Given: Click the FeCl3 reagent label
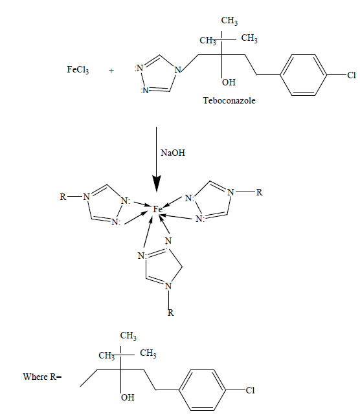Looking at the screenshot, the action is coord(78,70).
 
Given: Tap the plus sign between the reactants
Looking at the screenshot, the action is coord(111,71).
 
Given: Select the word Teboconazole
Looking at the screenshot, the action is coord(229,100).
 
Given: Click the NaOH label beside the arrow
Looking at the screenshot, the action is coord(172,153).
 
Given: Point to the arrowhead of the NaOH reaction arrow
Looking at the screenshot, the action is coord(157,184).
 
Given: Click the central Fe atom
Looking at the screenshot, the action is coord(157,210).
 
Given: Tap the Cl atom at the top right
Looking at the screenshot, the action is coord(352,75).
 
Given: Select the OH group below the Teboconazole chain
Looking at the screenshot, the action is coord(229,82).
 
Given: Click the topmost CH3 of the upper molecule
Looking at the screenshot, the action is coord(229,21).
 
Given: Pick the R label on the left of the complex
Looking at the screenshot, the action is coord(63,197).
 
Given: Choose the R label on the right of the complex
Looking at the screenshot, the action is coord(259,192).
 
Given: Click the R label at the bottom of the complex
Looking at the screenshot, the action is coord(171,313).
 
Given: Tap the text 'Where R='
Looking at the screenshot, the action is coord(42,377).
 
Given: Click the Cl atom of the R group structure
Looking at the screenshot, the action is coord(250,390).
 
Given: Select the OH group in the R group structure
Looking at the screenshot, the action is coord(128,397).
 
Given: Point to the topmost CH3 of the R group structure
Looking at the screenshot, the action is coord(128,336).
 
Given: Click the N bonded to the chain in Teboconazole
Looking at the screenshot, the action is coord(177,70).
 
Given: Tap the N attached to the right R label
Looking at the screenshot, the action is coord(231,192).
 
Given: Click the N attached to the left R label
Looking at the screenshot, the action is coord(86,197).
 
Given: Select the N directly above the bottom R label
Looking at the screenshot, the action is coord(168,286).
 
